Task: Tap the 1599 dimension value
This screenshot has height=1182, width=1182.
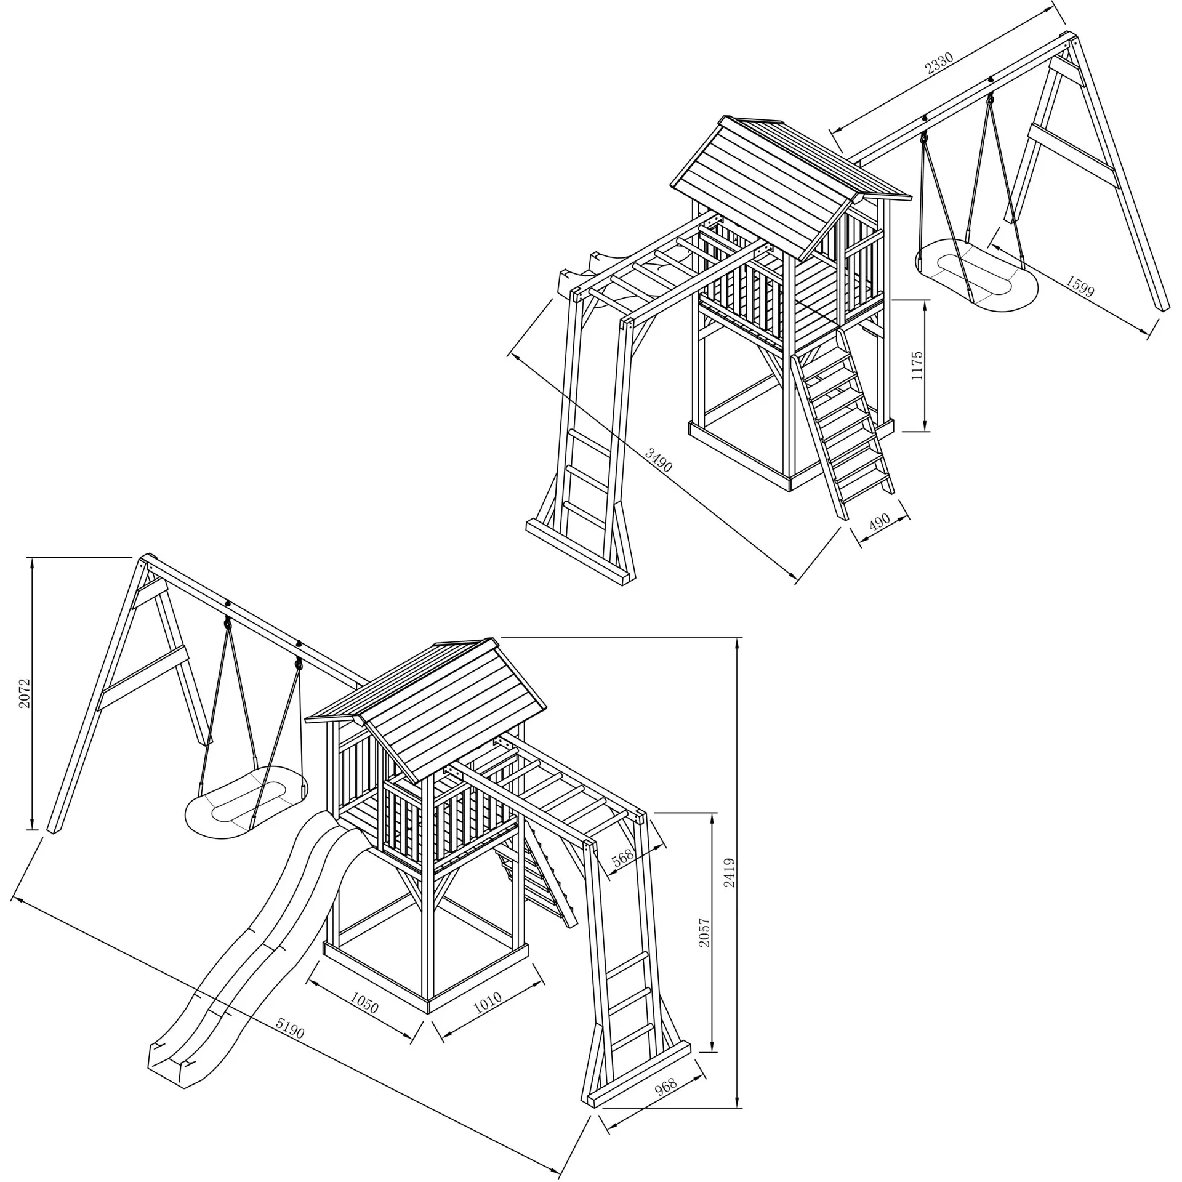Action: point(1080,286)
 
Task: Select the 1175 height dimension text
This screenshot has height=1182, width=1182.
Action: point(917,366)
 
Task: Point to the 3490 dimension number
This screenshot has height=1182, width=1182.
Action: point(658,459)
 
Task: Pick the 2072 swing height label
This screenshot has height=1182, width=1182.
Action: point(24,693)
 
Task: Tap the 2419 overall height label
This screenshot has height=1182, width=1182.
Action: point(730,872)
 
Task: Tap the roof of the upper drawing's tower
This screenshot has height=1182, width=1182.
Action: point(788,185)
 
